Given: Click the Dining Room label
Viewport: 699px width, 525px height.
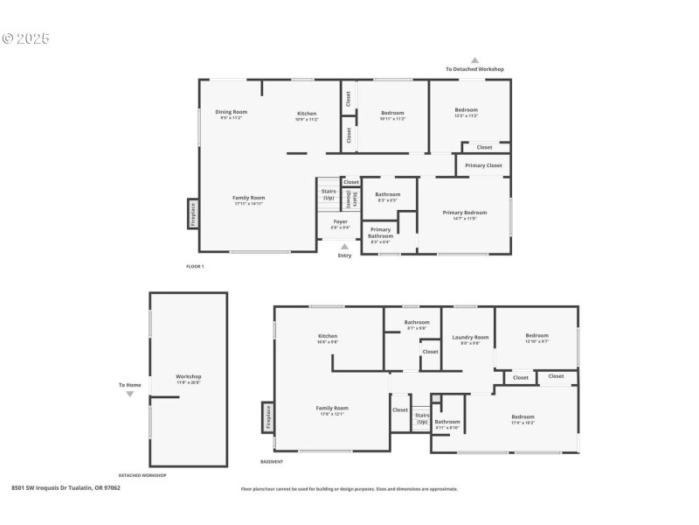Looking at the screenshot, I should [x=232, y=112].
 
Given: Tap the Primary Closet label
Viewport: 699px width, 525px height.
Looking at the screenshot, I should [x=483, y=165].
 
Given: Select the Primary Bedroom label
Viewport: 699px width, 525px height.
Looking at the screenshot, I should [x=465, y=213].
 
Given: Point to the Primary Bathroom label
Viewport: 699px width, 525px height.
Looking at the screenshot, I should [x=380, y=233].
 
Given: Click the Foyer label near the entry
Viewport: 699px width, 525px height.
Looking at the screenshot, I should [x=340, y=222].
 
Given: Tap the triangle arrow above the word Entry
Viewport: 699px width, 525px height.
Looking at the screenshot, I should [x=344, y=247].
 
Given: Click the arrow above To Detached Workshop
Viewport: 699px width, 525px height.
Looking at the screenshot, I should [x=474, y=60].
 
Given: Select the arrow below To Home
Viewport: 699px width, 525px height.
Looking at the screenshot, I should [x=130, y=395].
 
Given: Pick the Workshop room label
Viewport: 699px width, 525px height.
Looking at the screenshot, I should [x=190, y=377].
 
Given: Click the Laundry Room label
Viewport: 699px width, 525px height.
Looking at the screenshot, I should [x=470, y=338].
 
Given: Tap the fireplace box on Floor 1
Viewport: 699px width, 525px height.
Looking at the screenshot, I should [x=193, y=214].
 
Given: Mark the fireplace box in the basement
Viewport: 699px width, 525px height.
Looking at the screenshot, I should [x=267, y=417].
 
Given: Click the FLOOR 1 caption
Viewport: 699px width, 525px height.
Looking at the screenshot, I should [x=195, y=266].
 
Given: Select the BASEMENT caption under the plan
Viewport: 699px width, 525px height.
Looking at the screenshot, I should [x=272, y=461].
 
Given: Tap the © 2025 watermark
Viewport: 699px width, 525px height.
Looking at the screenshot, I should [x=26, y=38].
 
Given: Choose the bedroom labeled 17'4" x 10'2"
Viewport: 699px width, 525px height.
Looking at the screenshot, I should [x=523, y=417].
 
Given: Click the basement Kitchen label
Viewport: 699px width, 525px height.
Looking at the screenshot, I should [x=328, y=336].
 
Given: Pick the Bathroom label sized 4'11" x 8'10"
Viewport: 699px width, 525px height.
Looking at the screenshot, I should [x=447, y=423].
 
